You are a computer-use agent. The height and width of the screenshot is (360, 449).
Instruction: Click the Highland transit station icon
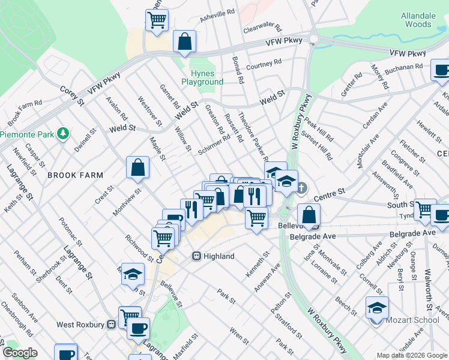coord(196,256)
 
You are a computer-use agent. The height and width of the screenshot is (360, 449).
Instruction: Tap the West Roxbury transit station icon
coord(111,325)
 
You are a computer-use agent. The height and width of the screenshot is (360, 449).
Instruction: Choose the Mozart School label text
coord(413,320)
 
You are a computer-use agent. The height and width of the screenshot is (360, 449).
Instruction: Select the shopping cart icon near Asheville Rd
coord(157,20)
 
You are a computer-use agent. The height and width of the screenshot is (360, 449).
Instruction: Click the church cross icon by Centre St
coord(301,188)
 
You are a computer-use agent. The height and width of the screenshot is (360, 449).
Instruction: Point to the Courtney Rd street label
coord(264,64)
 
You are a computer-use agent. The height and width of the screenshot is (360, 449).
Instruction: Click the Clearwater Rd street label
coord(262,28)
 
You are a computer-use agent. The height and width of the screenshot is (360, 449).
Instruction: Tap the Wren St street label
coord(238,336)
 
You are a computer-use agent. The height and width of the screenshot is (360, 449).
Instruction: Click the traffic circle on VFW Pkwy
coord(313,40)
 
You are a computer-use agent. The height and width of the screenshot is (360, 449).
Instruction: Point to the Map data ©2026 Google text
coord(411,355)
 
